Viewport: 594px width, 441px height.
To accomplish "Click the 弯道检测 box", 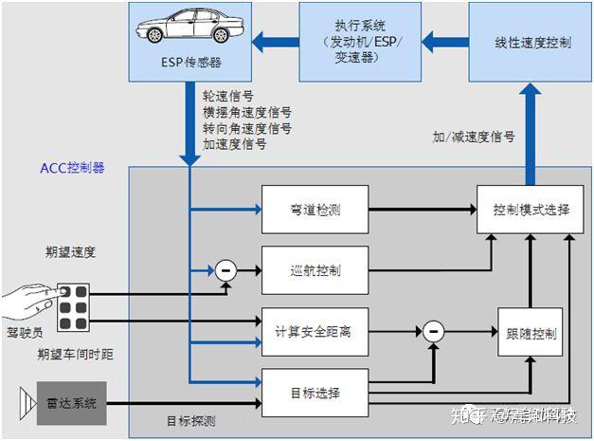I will pos(314,208).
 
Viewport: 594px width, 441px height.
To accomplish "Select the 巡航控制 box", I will pos(314,270).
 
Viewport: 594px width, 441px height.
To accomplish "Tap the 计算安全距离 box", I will pos(314,332).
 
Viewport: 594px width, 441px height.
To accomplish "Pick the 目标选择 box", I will pos(314,393).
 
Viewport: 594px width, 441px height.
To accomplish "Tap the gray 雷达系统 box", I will pos(71,402).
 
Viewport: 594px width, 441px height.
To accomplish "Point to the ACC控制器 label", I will pos(72,168).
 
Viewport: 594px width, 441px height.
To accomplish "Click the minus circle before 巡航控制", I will pos(225,270).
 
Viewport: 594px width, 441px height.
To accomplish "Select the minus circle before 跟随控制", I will pos(432,332).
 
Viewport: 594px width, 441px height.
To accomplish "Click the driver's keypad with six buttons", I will pos(73,306).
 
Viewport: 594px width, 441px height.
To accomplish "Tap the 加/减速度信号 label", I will pos(473,137).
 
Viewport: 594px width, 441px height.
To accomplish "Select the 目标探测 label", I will pos(190,420).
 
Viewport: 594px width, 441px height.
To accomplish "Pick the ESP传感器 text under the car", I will pos(190,64).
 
